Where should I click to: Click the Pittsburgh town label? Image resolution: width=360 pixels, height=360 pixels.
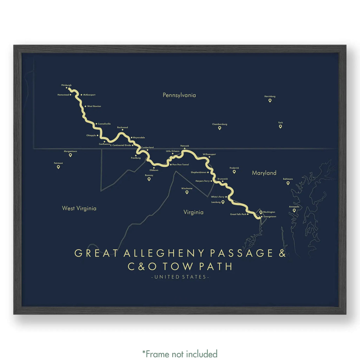(x=66, y=85)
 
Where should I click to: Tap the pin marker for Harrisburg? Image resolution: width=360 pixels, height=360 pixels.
(x=270, y=101)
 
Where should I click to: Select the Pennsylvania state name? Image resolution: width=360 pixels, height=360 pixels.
(x=179, y=95)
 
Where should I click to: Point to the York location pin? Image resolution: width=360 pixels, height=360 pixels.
(x=280, y=126)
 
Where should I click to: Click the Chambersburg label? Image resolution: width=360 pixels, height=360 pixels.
(x=220, y=124)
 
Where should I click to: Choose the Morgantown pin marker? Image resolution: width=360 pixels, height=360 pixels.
(x=70, y=155)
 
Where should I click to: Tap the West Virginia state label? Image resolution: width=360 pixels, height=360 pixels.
(x=79, y=208)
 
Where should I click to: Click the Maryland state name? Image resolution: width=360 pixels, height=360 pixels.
(x=264, y=173)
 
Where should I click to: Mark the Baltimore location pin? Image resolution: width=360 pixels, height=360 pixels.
(x=288, y=183)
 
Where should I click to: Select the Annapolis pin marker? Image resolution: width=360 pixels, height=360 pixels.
(x=294, y=211)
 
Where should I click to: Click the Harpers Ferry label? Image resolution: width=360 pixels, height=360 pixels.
(x=202, y=181)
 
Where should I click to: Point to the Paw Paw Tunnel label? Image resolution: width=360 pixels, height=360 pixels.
(x=181, y=165)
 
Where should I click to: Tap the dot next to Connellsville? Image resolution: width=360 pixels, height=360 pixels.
(x=96, y=124)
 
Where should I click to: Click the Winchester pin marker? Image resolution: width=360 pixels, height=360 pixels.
(x=187, y=192)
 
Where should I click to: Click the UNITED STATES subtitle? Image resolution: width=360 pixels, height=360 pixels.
(x=180, y=277)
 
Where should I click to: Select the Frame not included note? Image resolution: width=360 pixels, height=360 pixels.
(x=180, y=354)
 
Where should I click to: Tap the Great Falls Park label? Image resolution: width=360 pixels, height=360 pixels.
(x=238, y=214)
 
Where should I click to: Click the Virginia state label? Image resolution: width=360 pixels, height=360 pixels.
(x=193, y=212)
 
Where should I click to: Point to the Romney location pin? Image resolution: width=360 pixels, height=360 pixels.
(x=149, y=179)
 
